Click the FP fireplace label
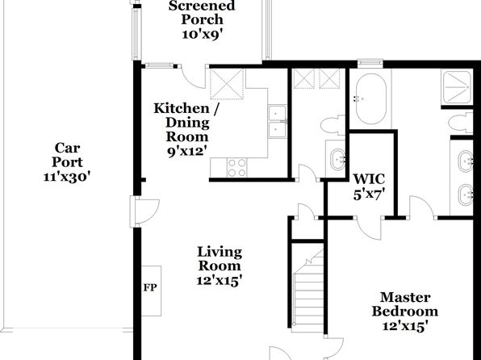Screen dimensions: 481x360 click(150, 287)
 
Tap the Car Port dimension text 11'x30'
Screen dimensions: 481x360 click(67, 177)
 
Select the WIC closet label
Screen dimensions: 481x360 click(369, 179)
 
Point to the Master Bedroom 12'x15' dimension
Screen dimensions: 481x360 click(405, 325)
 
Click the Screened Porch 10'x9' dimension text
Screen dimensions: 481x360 click(202, 34)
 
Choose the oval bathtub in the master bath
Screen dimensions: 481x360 click(371, 98)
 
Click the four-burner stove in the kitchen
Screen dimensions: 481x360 click(236, 167)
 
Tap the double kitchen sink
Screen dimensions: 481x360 click(278, 122)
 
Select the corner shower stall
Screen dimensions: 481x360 click(457, 87)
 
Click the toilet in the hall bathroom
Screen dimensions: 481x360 click(333, 125)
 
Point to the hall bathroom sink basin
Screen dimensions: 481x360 click(337, 159)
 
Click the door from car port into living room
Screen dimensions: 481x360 click(144, 211)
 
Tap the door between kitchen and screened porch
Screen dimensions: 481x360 click(193, 77)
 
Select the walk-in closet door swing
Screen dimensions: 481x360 click(369, 228)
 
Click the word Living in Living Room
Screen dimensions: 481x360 click(220, 252)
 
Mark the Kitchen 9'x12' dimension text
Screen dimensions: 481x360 click(186, 151)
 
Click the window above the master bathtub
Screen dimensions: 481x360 click(370, 63)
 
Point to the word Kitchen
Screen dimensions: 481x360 click(182, 108)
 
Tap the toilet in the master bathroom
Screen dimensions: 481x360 click(461, 123)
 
